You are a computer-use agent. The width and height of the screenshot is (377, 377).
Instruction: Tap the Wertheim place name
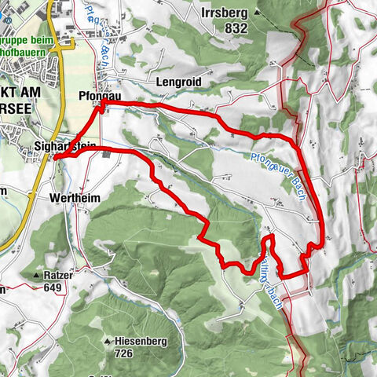(75, 199)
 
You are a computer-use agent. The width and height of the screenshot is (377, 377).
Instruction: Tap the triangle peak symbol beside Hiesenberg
(108, 342)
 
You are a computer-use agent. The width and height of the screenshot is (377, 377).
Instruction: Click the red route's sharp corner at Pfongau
(101, 103)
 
